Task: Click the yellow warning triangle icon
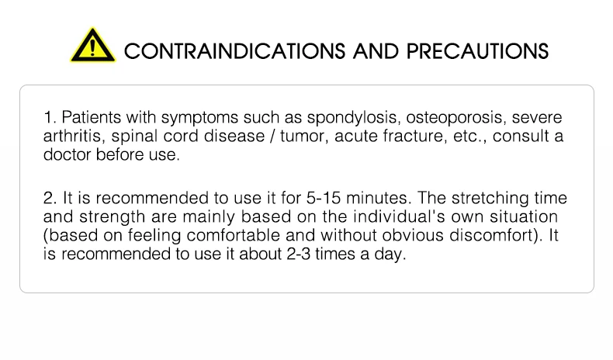click(x=92, y=45)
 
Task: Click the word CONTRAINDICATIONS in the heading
click(x=234, y=51)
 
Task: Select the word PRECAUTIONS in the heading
click(x=477, y=51)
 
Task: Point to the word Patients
click(x=92, y=117)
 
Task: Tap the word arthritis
click(x=74, y=137)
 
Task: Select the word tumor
click(x=304, y=137)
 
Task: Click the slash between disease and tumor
click(x=272, y=137)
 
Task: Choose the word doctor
click(x=68, y=155)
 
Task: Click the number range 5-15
click(x=324, y=198)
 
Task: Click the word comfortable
click(x=234, y=235)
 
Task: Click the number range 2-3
click(x=298, y=254)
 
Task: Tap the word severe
click(x=537, y=118)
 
